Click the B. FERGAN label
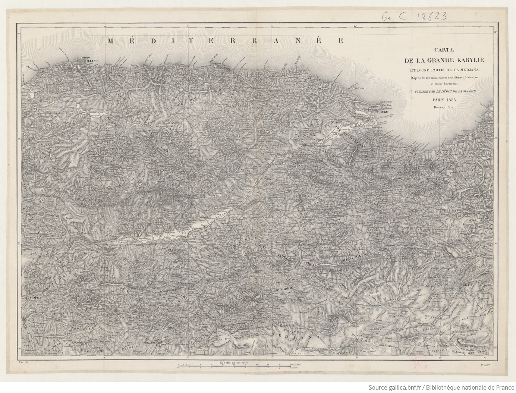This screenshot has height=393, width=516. (x=307, y=263)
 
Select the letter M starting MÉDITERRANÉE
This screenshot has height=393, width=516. (x=111, y=41)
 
